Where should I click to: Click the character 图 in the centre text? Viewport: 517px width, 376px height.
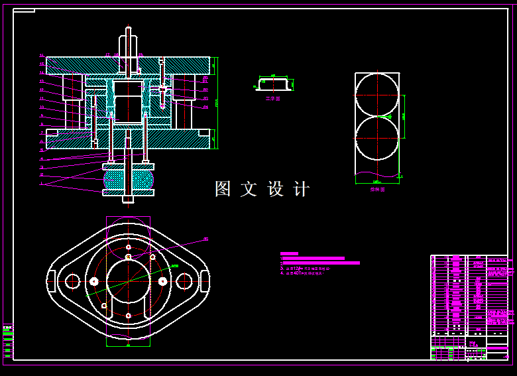click(222, 189)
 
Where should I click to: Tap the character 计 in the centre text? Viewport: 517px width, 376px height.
click(302, 189)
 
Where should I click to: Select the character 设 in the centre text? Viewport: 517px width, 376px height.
click(275, 189)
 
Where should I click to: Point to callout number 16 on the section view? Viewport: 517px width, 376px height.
click(42, 56)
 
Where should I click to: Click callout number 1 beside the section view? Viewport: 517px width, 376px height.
click(41, 183)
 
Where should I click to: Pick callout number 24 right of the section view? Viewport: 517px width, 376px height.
click(205, 107)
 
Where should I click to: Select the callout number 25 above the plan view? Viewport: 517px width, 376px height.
click(205, 239)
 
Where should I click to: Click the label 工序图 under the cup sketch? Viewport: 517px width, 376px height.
click(273, 99)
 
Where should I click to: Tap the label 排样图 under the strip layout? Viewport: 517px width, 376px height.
click(376, 189)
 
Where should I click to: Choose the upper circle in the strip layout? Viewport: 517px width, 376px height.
click(376, 95)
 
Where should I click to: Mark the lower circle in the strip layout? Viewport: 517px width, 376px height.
click(376, 139)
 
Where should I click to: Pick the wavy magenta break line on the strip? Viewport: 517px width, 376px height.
click(378, 176)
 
